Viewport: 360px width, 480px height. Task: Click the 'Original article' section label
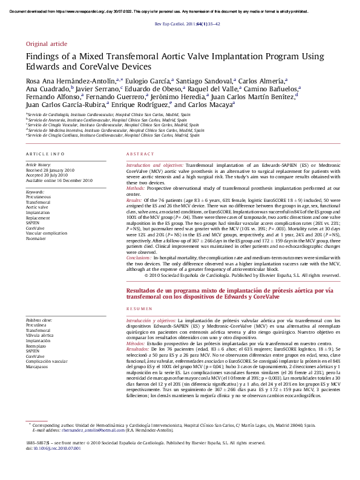[x=47, y=44]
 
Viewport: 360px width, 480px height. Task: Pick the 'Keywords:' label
[x=34, y=192]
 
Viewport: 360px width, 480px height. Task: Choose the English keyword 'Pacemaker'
[x=37, y=239]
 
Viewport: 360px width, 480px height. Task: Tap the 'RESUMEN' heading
[x=137, y=308]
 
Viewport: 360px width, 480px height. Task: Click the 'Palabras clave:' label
[x=39, y=319]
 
